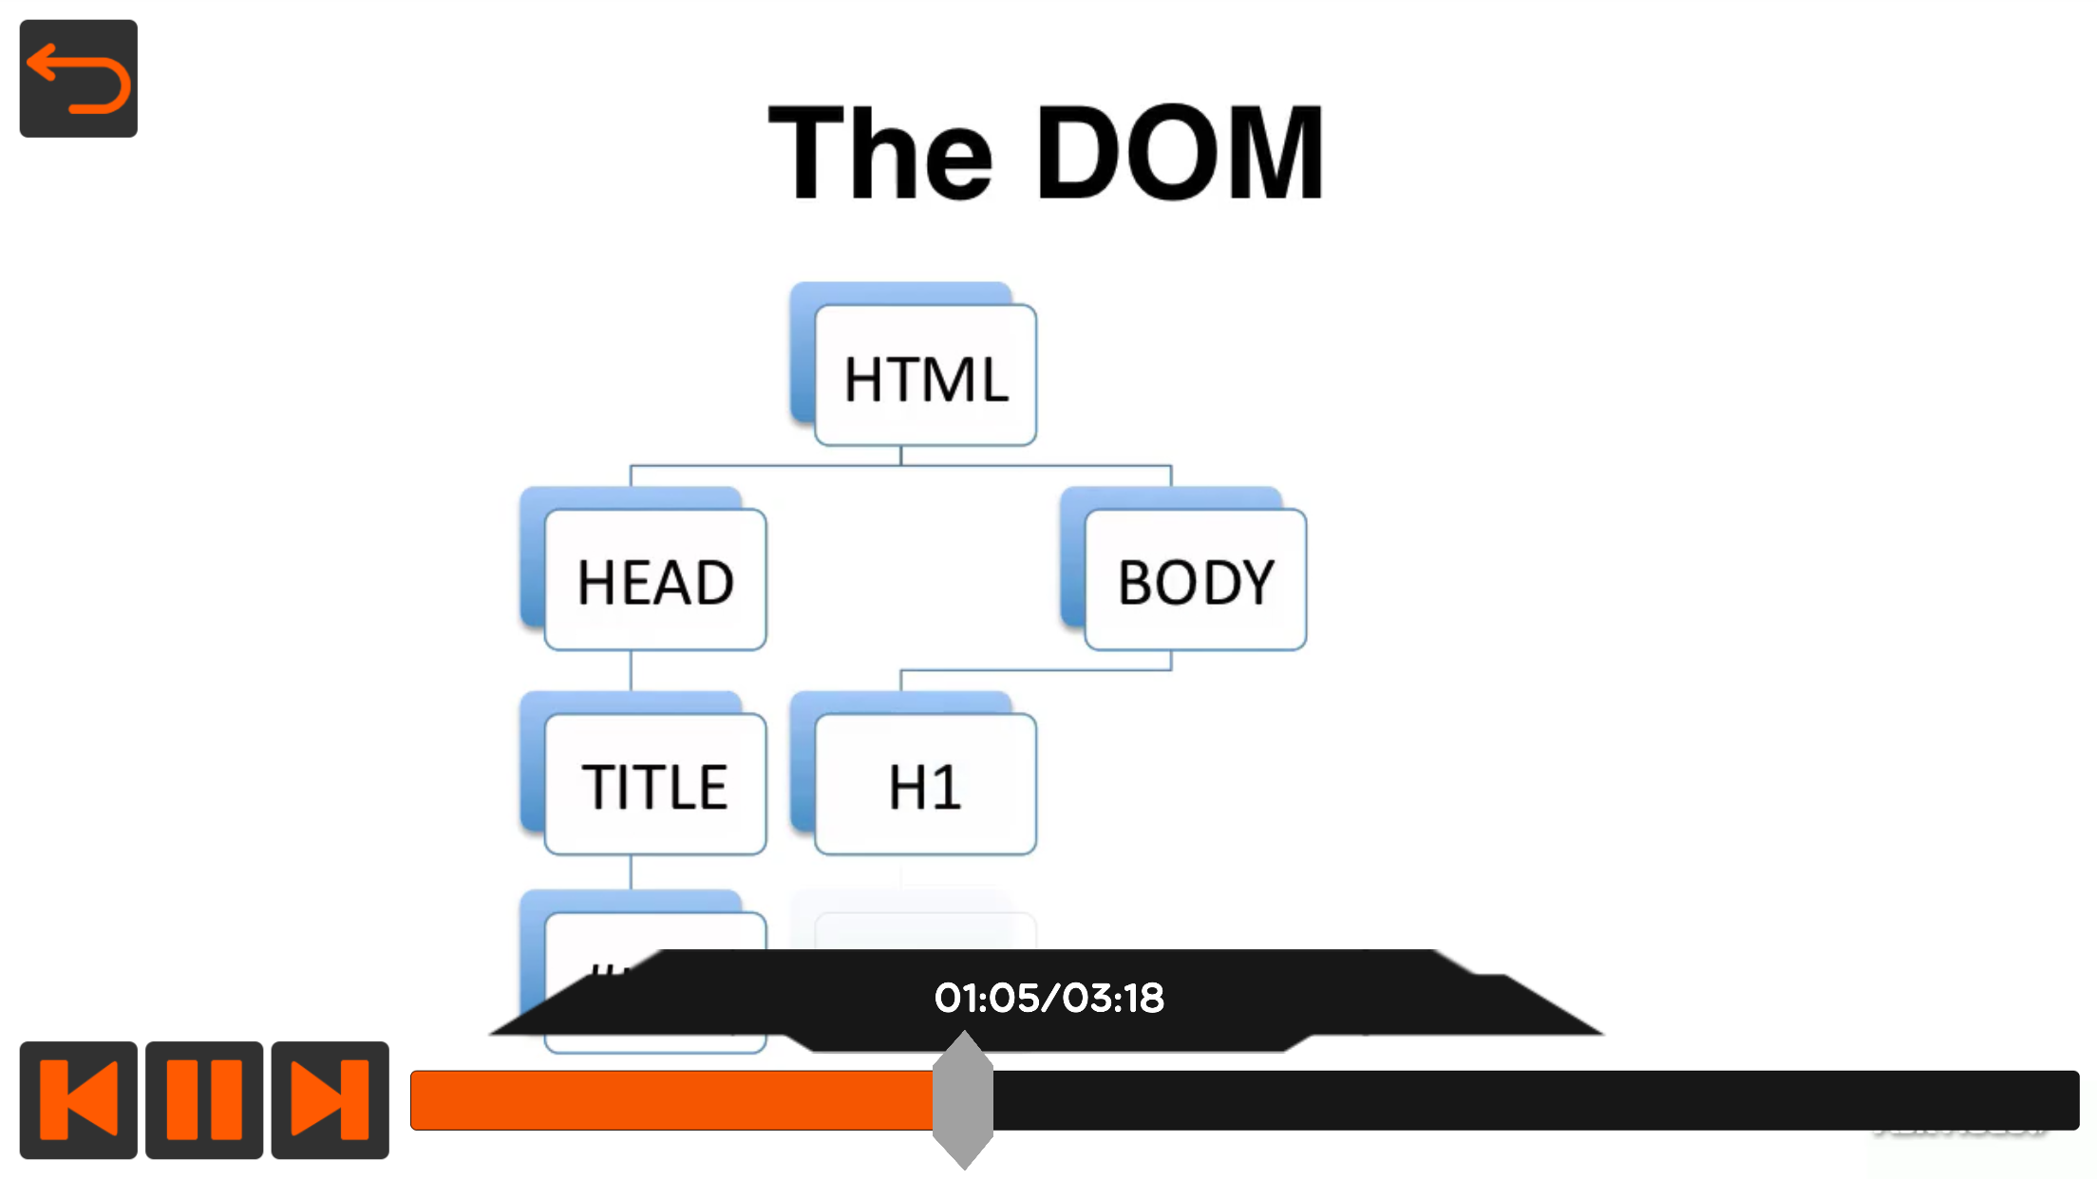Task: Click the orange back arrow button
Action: tap(78, 79)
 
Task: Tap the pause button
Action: tap(203, 1099)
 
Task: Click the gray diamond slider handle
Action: tap(962, 1099)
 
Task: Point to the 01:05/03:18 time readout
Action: tap(1048, 998)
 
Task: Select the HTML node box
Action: tap(925, 376)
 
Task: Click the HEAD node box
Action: tap(655, 580)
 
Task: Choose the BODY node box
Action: tap(1195, 580)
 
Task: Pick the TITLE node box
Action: tap(655, 784)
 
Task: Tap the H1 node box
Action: tap(925, 784)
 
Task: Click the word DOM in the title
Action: tap(1180, 154)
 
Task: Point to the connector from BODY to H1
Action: tap(1035, 670)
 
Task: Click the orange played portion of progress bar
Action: tap(670, 1100)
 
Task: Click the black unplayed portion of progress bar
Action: tap(1520, 1100)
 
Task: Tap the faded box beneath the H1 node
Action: tap(925, 930)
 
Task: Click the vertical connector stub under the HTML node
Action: tap(900, 456)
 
